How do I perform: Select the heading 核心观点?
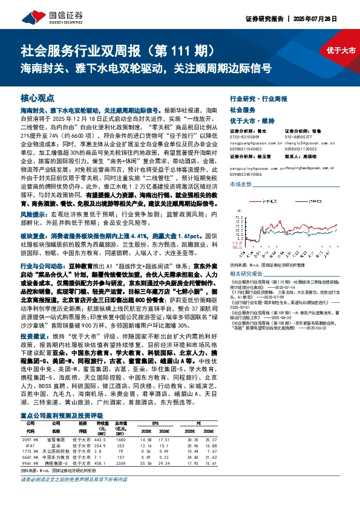37,97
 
